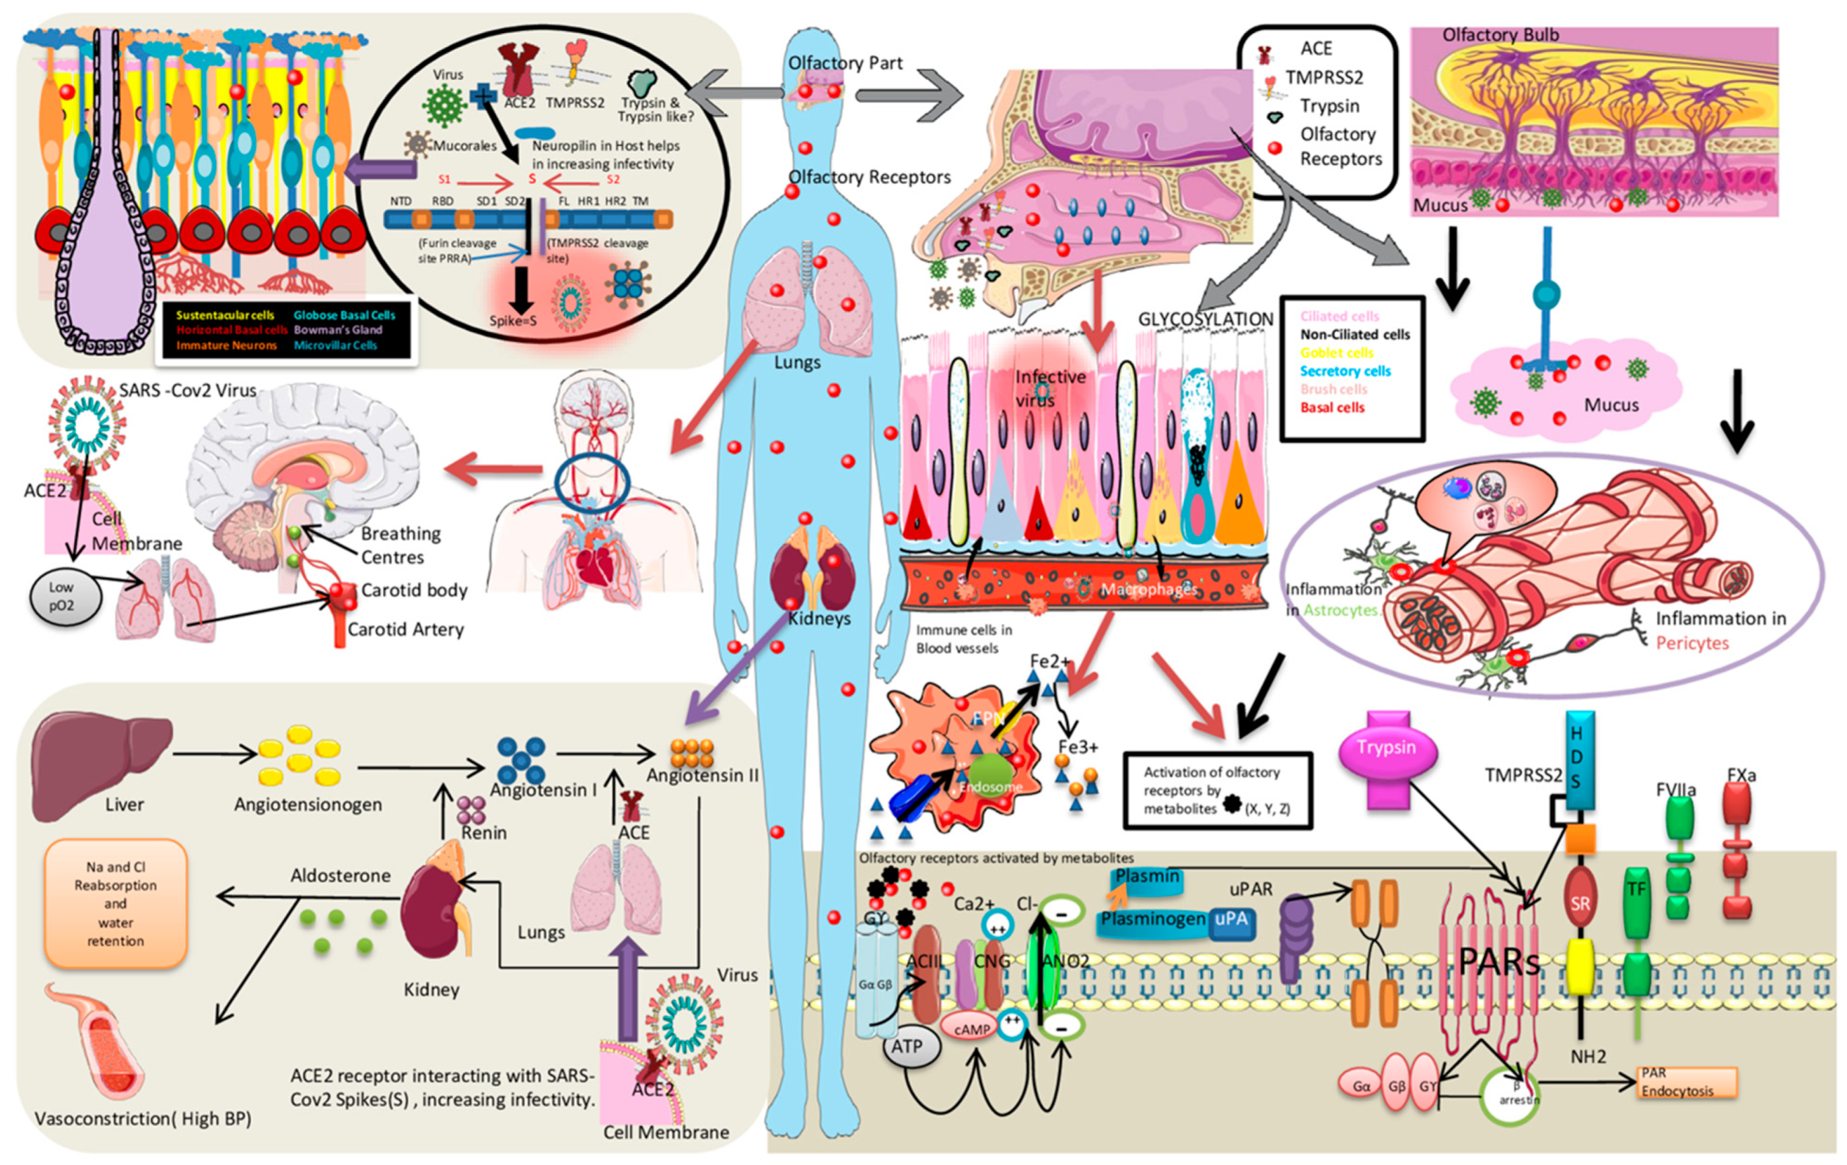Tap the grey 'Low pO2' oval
(62, 597)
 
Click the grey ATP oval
(907, 1046)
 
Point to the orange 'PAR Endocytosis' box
(1685, 1082)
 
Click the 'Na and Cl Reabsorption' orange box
(116, 903)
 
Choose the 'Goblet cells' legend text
(1336, 353)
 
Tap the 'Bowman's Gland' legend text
(337, 330)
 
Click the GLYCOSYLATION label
(1205, 319)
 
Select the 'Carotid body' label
(413, 590)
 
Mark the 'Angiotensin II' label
(702, 775)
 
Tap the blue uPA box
(1231, 919)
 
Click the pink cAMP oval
(972, 1029)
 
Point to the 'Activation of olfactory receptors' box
(1216, 791)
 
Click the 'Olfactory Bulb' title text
(1500, 35)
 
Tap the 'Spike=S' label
(512, 321)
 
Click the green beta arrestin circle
(1508, 1096)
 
